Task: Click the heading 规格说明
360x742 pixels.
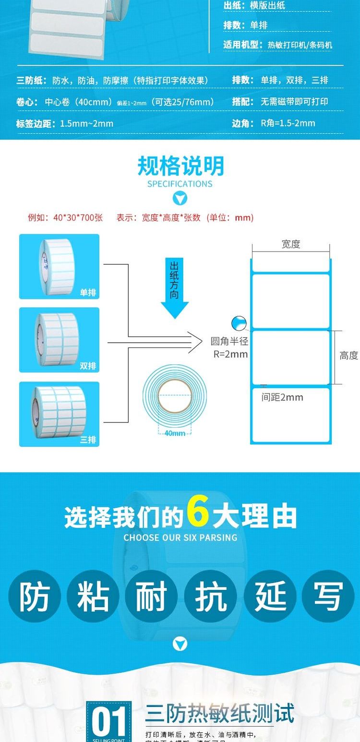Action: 180,167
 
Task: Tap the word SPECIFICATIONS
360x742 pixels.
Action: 180,184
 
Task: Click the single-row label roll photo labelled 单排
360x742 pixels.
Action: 59,266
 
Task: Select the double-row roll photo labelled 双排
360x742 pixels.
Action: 59,340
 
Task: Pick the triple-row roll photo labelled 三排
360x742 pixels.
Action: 59,414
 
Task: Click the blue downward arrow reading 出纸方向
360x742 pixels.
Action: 175,288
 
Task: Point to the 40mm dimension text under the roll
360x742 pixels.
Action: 175,433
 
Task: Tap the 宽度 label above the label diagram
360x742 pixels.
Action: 291,244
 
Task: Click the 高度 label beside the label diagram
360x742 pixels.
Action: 349,355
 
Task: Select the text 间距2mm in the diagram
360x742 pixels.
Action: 282,397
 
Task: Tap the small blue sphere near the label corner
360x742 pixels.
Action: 238,323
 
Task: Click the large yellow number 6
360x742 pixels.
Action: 197,512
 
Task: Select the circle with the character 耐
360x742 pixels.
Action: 151,597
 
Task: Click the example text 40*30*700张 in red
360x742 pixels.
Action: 78,217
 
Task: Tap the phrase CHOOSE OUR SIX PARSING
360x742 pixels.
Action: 180,538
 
